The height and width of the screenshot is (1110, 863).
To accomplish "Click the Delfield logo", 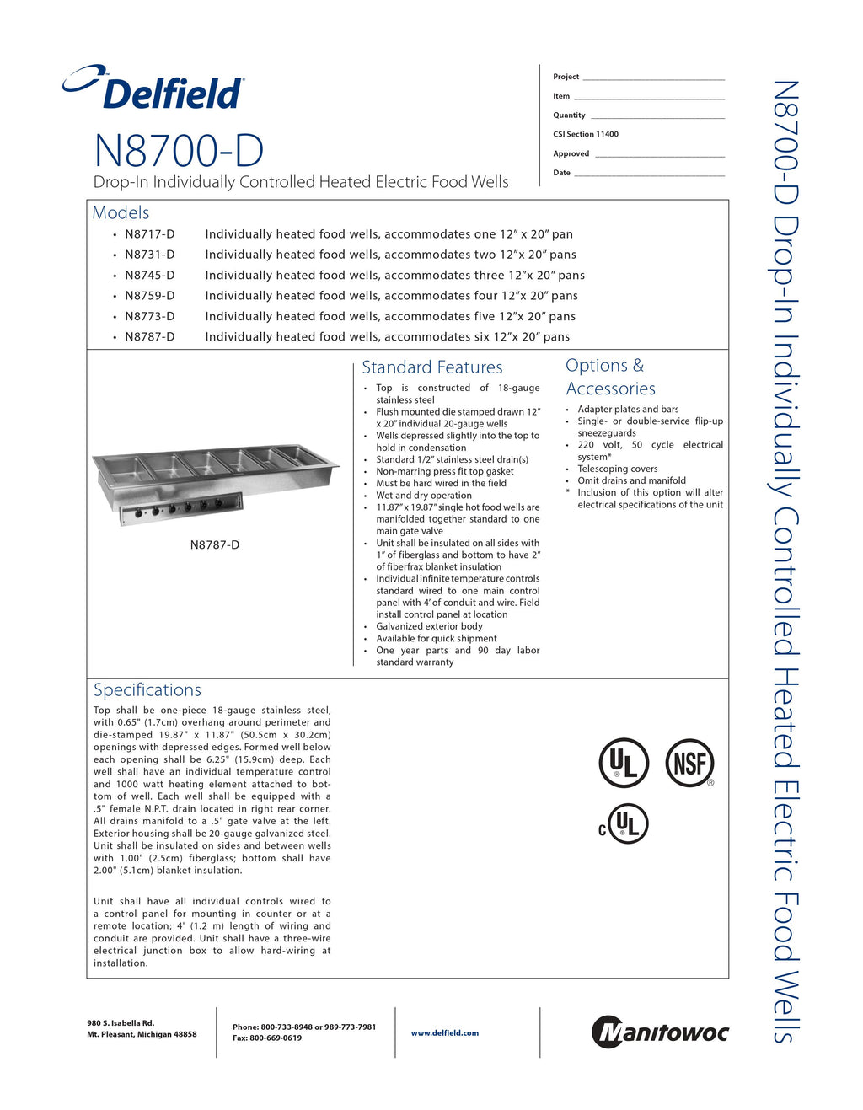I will pos(154,88).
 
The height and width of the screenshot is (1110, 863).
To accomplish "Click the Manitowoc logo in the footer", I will pos(660,1032).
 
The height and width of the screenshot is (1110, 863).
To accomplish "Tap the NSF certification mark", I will pos(689,764).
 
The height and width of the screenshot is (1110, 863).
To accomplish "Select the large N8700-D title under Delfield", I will pos(179,151).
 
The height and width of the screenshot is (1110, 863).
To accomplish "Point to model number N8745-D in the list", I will pos(150,275).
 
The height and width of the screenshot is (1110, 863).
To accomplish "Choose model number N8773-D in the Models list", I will pos(150,316).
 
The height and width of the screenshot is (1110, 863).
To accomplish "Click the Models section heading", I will pos(121,212).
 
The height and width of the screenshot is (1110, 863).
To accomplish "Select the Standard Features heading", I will pos(431,367).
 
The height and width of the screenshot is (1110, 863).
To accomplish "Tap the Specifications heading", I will pos(147,689).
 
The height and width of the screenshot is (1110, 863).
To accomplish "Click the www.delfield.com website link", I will pos(444,1032).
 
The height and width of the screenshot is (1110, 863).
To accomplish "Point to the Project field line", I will pos(653,78).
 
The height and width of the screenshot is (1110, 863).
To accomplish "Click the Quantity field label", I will pos(569,115).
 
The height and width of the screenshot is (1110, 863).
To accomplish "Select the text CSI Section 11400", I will pos(586,134).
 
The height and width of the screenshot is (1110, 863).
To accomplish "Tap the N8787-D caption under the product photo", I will pos(215,544).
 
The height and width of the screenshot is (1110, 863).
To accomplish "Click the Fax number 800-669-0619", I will pos(267,1038).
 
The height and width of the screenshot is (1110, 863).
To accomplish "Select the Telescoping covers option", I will pos(618,469).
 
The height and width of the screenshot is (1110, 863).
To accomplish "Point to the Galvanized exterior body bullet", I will pos(429,626).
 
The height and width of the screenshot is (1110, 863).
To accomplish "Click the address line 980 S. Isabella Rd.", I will pos(121,1023).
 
